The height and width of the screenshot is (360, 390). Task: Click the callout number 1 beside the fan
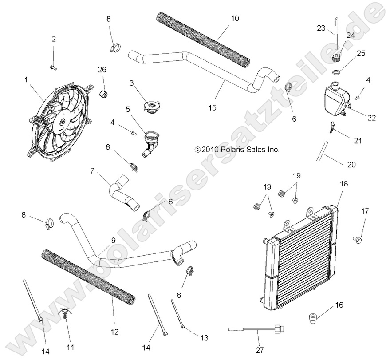tap(26, 79)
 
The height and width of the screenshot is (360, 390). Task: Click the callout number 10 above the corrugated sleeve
tap(235, 18)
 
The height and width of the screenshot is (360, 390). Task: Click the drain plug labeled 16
tap(313, 316)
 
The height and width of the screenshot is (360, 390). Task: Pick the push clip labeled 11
tap(67, 316)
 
